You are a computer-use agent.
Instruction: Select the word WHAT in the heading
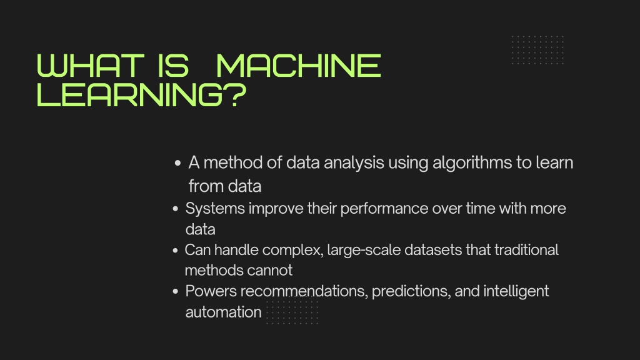[x=88, y=66]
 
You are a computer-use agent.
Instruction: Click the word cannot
[x=269, y=271]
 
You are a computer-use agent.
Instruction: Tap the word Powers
[x=211, y=291]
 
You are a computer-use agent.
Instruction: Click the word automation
[x=223, y=312]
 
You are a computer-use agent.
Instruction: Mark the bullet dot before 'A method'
[x=178, y=164]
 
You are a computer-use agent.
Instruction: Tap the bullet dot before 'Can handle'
[x=176, y=251]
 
